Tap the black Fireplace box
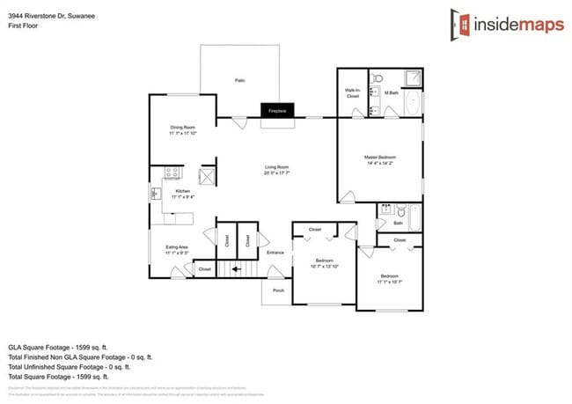pos(276,111)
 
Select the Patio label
pos(239,80)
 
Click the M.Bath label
pos(392,91)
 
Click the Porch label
pos(278,290)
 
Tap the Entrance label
pos(275,253)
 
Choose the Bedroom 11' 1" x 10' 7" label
pos(389,278)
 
